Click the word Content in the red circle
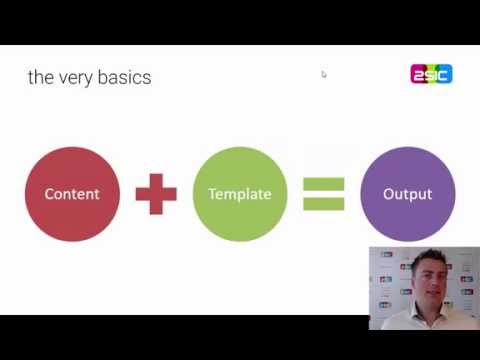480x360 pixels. tap(72, 194)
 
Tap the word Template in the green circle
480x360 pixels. tap(239, 194)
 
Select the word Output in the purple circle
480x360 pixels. tap(407, 194)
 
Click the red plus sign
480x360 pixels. tap(156, 194)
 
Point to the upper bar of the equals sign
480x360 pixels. tap(323, 184)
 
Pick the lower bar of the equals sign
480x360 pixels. tap(323, 204)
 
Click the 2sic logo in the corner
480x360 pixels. tap(431, 74)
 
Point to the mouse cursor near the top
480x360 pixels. tap(324, 74)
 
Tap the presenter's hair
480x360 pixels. tap(434, 259)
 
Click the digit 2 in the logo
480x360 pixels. tap(418, 74)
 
